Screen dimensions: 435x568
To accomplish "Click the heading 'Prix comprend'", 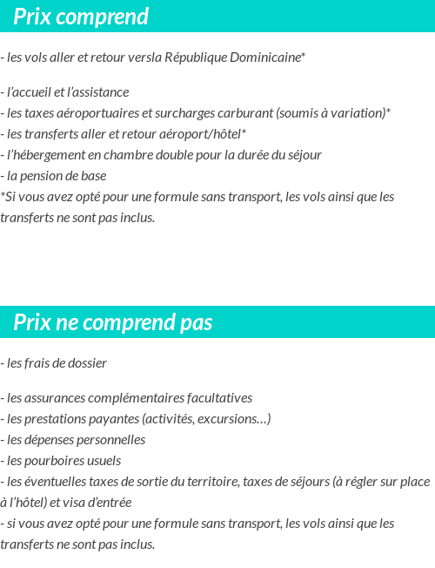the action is point(81,17).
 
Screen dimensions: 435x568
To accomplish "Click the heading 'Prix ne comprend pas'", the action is point(113,323).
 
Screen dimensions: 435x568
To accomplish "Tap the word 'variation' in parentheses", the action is point(358,113).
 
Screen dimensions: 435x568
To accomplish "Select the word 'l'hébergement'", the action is point(46,155).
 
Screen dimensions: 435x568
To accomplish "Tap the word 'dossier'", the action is point(86,363).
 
